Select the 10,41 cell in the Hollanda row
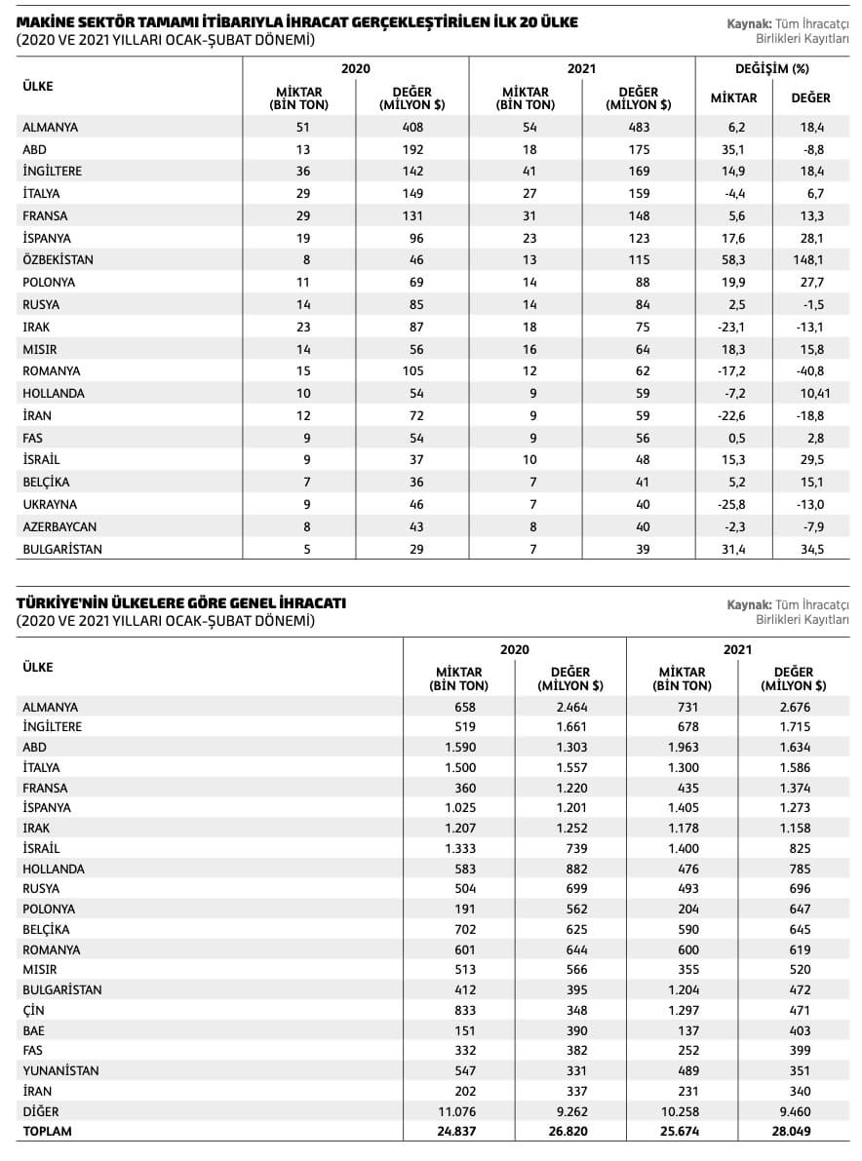click(810, 394)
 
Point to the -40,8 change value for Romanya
click(810, 371)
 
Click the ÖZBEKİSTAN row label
click(59, 260)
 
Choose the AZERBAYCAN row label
click(59, 527)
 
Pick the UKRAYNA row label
click(50, 505)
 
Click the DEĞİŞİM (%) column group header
click(771, 69)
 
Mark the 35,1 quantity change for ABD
click(732, 149)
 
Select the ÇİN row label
click(33, 1010)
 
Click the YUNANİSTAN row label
click(60, 1070)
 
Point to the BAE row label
click(33, 1030)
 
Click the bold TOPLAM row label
click(47, 1132)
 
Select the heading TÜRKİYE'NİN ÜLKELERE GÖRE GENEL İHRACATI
click(180, 603)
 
